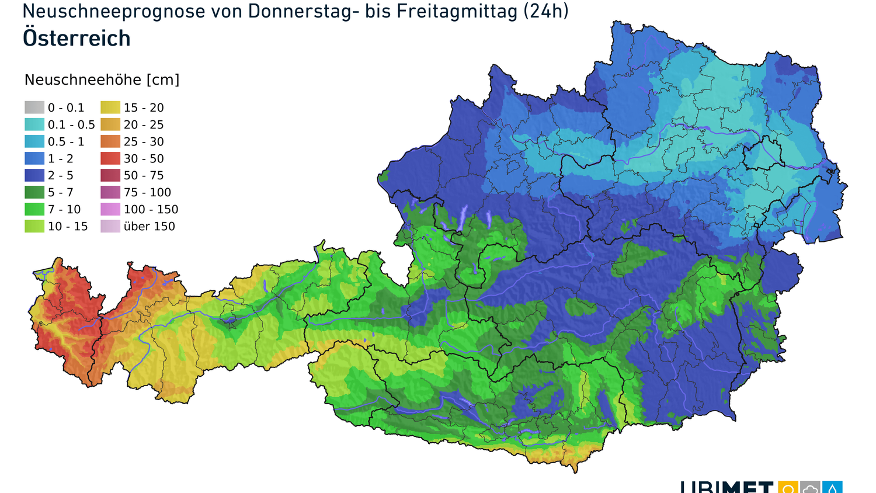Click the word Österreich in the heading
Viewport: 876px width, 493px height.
(x=77, y=39)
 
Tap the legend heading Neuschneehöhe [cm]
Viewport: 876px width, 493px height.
(x=102, y=80)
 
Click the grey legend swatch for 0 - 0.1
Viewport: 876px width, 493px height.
(x=34, y=107)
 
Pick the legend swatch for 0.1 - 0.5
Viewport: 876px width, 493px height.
(x=34, y=124)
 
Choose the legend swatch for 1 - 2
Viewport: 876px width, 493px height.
(x=34, y=158)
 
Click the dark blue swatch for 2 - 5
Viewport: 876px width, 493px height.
(x=34, y=175)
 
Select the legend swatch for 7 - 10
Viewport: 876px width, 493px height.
(x=34, y=209)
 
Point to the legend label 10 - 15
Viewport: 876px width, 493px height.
(x=68, y=227)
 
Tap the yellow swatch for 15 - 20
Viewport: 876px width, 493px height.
(x=110, y=107)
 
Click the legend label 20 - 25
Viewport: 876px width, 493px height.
(x=144, y=125)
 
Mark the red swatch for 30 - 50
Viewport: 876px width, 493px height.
(x=110, y=158)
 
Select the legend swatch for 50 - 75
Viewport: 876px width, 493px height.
(x=110, y=175)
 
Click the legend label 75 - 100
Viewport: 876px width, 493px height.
(x=147, y=193)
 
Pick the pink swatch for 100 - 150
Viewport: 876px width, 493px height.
(x=110, y=209)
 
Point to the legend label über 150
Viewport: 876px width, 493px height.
(x=149, y=227)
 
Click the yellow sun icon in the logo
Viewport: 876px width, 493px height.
(x=788, y=488)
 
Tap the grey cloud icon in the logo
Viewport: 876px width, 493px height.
(x=810, y=488)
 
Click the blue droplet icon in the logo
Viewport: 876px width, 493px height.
(x=832, y=488)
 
